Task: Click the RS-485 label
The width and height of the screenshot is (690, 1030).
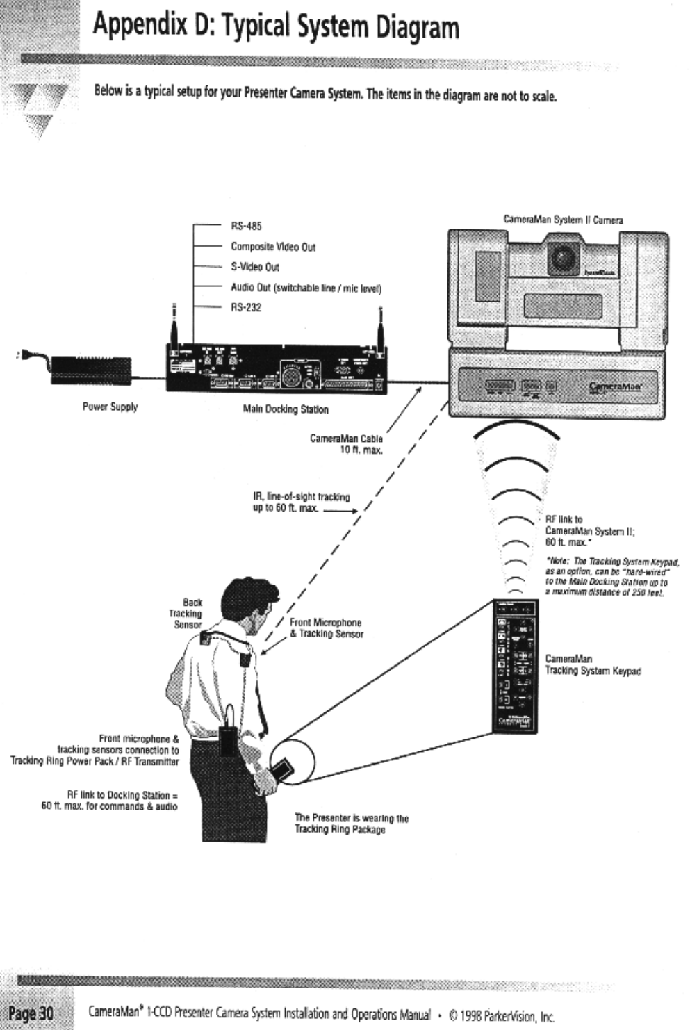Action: (246, 226)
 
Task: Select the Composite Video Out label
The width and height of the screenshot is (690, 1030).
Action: (273, 247)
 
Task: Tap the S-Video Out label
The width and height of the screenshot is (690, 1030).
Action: (255, 267)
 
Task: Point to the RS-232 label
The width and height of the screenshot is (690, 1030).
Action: (246, 307)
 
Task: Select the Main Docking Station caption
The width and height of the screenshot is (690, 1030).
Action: (285, 409)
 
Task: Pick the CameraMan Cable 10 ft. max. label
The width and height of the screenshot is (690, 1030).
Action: (346, 444)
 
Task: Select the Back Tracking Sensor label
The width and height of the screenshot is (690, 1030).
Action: (186, 614)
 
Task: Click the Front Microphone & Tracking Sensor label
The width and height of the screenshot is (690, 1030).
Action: (326, 628)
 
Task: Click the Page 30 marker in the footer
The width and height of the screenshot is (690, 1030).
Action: (31, 1013)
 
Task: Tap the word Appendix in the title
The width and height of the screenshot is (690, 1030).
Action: (139, 26)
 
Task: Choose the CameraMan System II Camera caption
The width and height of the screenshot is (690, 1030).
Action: (563, 220)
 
